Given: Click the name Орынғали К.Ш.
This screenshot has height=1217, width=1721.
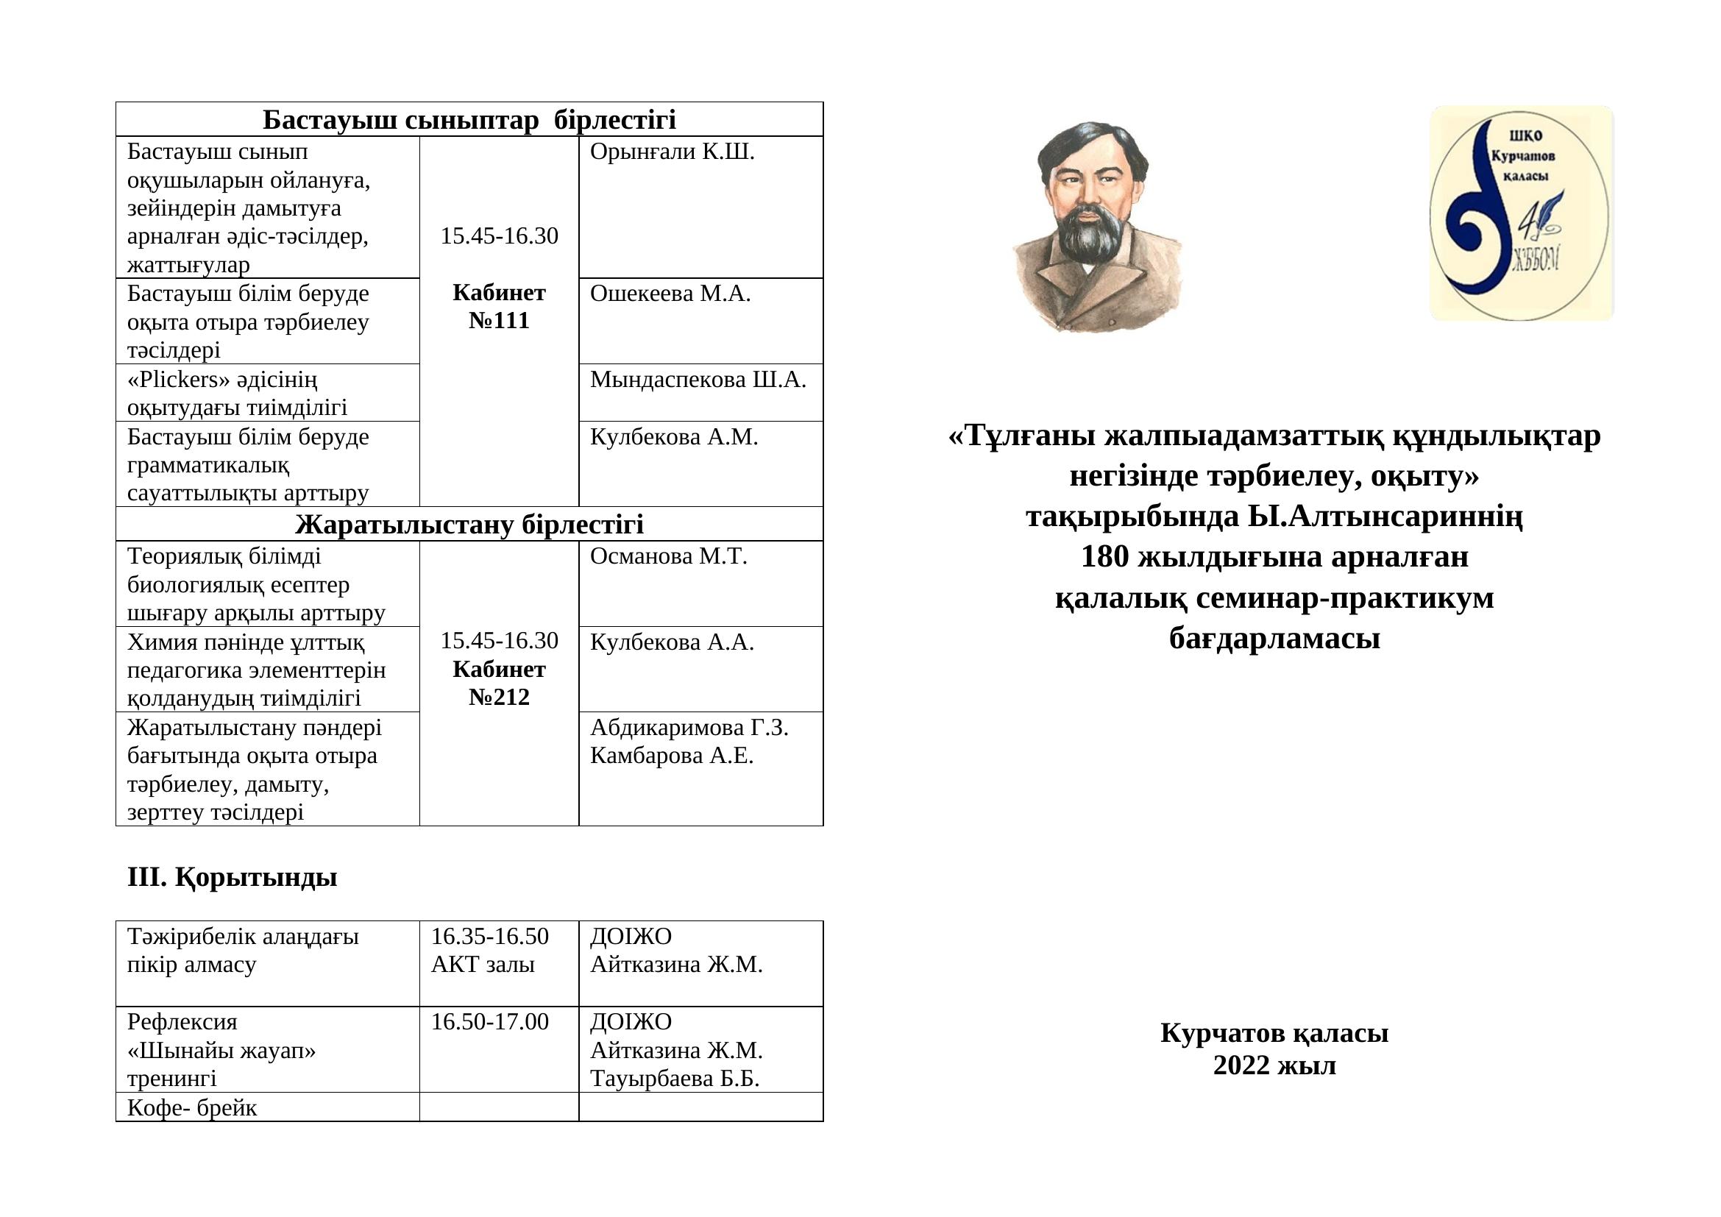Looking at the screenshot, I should tap(672, 152).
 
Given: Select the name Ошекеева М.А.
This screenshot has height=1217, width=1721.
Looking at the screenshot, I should tap(670, 294).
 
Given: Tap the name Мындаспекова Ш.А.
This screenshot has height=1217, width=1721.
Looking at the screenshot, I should tap(698, 380).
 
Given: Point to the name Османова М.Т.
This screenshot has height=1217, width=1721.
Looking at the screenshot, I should tap(669, 556).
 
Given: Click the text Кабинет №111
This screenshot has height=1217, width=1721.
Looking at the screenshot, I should tap(499, 307).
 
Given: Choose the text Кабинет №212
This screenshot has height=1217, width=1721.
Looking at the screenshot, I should tap(499, 683).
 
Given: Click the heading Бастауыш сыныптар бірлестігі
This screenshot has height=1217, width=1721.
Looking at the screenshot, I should tap(469, 119).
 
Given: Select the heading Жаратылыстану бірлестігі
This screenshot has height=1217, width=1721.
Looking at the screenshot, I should tap(469, 524).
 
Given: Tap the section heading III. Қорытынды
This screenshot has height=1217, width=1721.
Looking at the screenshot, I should tap(233, 877).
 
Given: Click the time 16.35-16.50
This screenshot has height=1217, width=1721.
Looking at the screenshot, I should tap(489, 936).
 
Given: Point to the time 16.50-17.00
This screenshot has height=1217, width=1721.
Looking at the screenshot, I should tap(489, 1021).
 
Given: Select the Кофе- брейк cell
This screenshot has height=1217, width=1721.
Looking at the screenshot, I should tap(192, 1107).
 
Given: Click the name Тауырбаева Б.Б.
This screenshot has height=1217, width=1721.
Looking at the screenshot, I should tap(675, 1079).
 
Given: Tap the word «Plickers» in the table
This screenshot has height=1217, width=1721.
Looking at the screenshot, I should tap(179, 380).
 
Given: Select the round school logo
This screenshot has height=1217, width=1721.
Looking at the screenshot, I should tap(1520, 213).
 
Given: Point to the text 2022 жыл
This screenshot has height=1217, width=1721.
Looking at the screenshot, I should tap(1274, 1065).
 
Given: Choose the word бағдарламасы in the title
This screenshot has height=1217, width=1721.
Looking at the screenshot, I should tap(1274, 639).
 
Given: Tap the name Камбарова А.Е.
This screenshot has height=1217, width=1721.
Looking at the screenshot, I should tap(672, 756).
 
